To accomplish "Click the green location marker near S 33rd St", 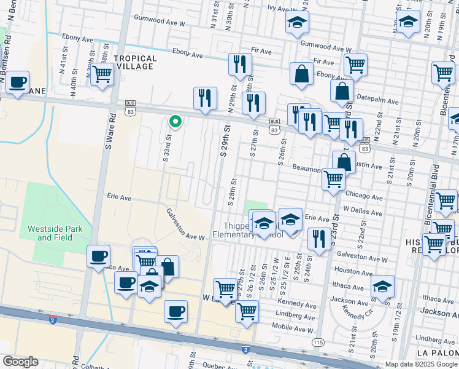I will click(x=175, y=121).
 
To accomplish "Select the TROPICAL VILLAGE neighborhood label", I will click(x=135, y=63).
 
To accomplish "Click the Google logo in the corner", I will click(x=20, y=361).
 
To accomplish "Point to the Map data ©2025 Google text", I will click(x=420, y=364).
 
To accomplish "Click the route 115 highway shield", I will click(x=317, y=342).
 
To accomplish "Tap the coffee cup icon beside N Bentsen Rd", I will click(x=18, y=82).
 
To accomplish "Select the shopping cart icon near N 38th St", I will click(x=102, y=74).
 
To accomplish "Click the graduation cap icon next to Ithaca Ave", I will click(x=382, y=287).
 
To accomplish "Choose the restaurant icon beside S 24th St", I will click(x=318, y=239).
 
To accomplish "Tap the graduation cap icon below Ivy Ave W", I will click(x=298, y=23).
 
